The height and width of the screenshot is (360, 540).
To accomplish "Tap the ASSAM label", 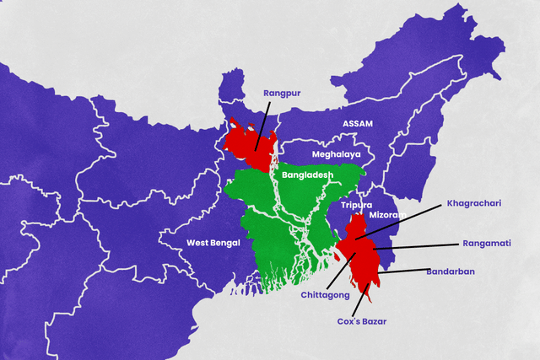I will (357, 123).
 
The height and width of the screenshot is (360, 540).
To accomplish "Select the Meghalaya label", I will (336, 155).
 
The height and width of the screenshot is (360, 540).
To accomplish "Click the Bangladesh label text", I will (308, 175).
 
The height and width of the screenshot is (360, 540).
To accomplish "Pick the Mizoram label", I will (387, 216).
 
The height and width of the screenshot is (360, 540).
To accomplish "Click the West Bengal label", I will (213, 243).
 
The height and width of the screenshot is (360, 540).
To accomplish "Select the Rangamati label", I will (487, 244).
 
